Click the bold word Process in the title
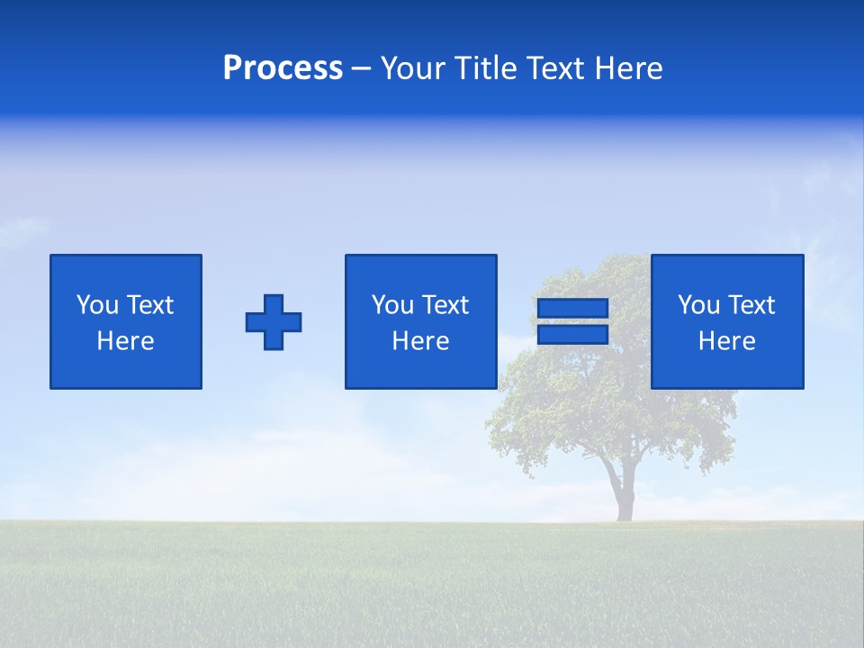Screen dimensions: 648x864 pyautogui.click(x=283, y=68)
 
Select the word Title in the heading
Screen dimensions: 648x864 pyautogui.click(x=487, y=68)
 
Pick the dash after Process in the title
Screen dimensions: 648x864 pyautogui.click(x=362, y=69)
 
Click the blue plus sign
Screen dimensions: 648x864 pyautogui.click(x=274, y=322)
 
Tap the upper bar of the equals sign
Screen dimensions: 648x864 pyautogui.click(x=572, y=309)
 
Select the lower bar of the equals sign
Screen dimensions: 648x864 pyautogui.click(x=572, y=335)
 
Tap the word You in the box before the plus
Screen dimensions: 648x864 pyautogui.click(x=96, y=305)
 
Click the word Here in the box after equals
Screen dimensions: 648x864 pyautogui.click(x=727, y=341)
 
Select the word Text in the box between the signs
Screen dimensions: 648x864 pyautogui.click(x=445, y=305)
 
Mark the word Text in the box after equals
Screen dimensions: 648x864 pyautogui.click(x=751, y=305)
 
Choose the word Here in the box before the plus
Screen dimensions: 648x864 pyautogui.click(x=126, y=341)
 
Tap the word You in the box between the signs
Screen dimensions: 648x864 pyautogui.click(x=391, y=305)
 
